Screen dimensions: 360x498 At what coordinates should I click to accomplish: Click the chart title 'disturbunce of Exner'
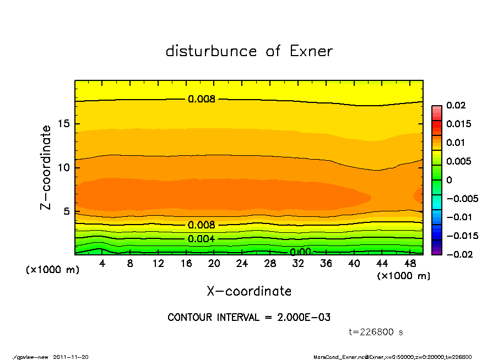tap(249, 51)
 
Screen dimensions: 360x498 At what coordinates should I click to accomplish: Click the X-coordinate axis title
tap(249, 291)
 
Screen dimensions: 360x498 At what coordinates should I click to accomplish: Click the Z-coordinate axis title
tap(46, 167)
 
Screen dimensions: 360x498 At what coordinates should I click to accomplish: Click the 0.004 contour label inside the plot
tap(201, 239)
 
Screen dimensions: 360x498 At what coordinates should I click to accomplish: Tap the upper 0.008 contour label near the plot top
tap(201, 99)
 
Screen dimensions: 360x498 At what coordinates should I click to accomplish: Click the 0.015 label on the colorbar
tap(458, 124)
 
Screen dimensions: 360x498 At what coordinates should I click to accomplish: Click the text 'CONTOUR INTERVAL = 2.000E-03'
tap(249, 318)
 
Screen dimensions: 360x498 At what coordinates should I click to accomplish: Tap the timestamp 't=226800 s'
tap(376, 332)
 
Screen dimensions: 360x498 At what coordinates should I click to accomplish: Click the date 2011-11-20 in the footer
tap(71, 357)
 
